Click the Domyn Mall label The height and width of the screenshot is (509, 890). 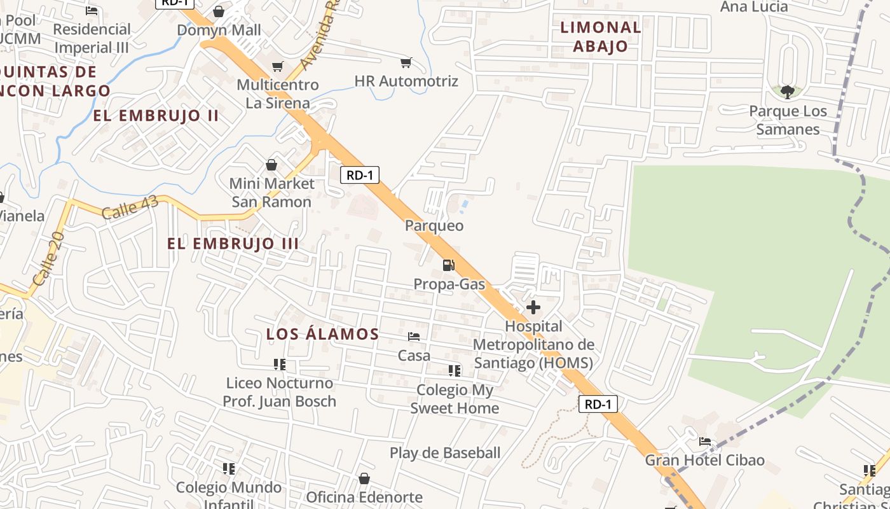[219, 30]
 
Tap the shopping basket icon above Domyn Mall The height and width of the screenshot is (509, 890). [219, 11]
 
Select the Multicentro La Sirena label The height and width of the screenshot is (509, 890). [278, 94]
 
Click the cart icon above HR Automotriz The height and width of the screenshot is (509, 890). [406, 63]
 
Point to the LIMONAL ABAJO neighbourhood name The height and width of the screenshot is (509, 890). [600, 37]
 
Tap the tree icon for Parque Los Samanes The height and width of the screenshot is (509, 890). [787, 92]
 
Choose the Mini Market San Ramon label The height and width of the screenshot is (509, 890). [271, 193]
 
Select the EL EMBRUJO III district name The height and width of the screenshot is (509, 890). [233, 244]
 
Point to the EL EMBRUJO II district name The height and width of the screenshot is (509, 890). [156, 116]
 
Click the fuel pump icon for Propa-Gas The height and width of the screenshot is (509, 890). [449, 265]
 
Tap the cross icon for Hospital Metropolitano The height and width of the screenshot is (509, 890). [533, 308]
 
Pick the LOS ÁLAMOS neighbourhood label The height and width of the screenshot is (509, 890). [322, 334]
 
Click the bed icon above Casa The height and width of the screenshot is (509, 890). [414, 337]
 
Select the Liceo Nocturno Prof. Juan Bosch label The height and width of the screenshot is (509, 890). [279, 392]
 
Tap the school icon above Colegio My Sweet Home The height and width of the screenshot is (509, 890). [455, 370]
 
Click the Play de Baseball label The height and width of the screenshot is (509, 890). [445, 453]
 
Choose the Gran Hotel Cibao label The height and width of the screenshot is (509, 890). [704, 460]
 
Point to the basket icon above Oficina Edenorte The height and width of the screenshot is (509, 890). [364, 478]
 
